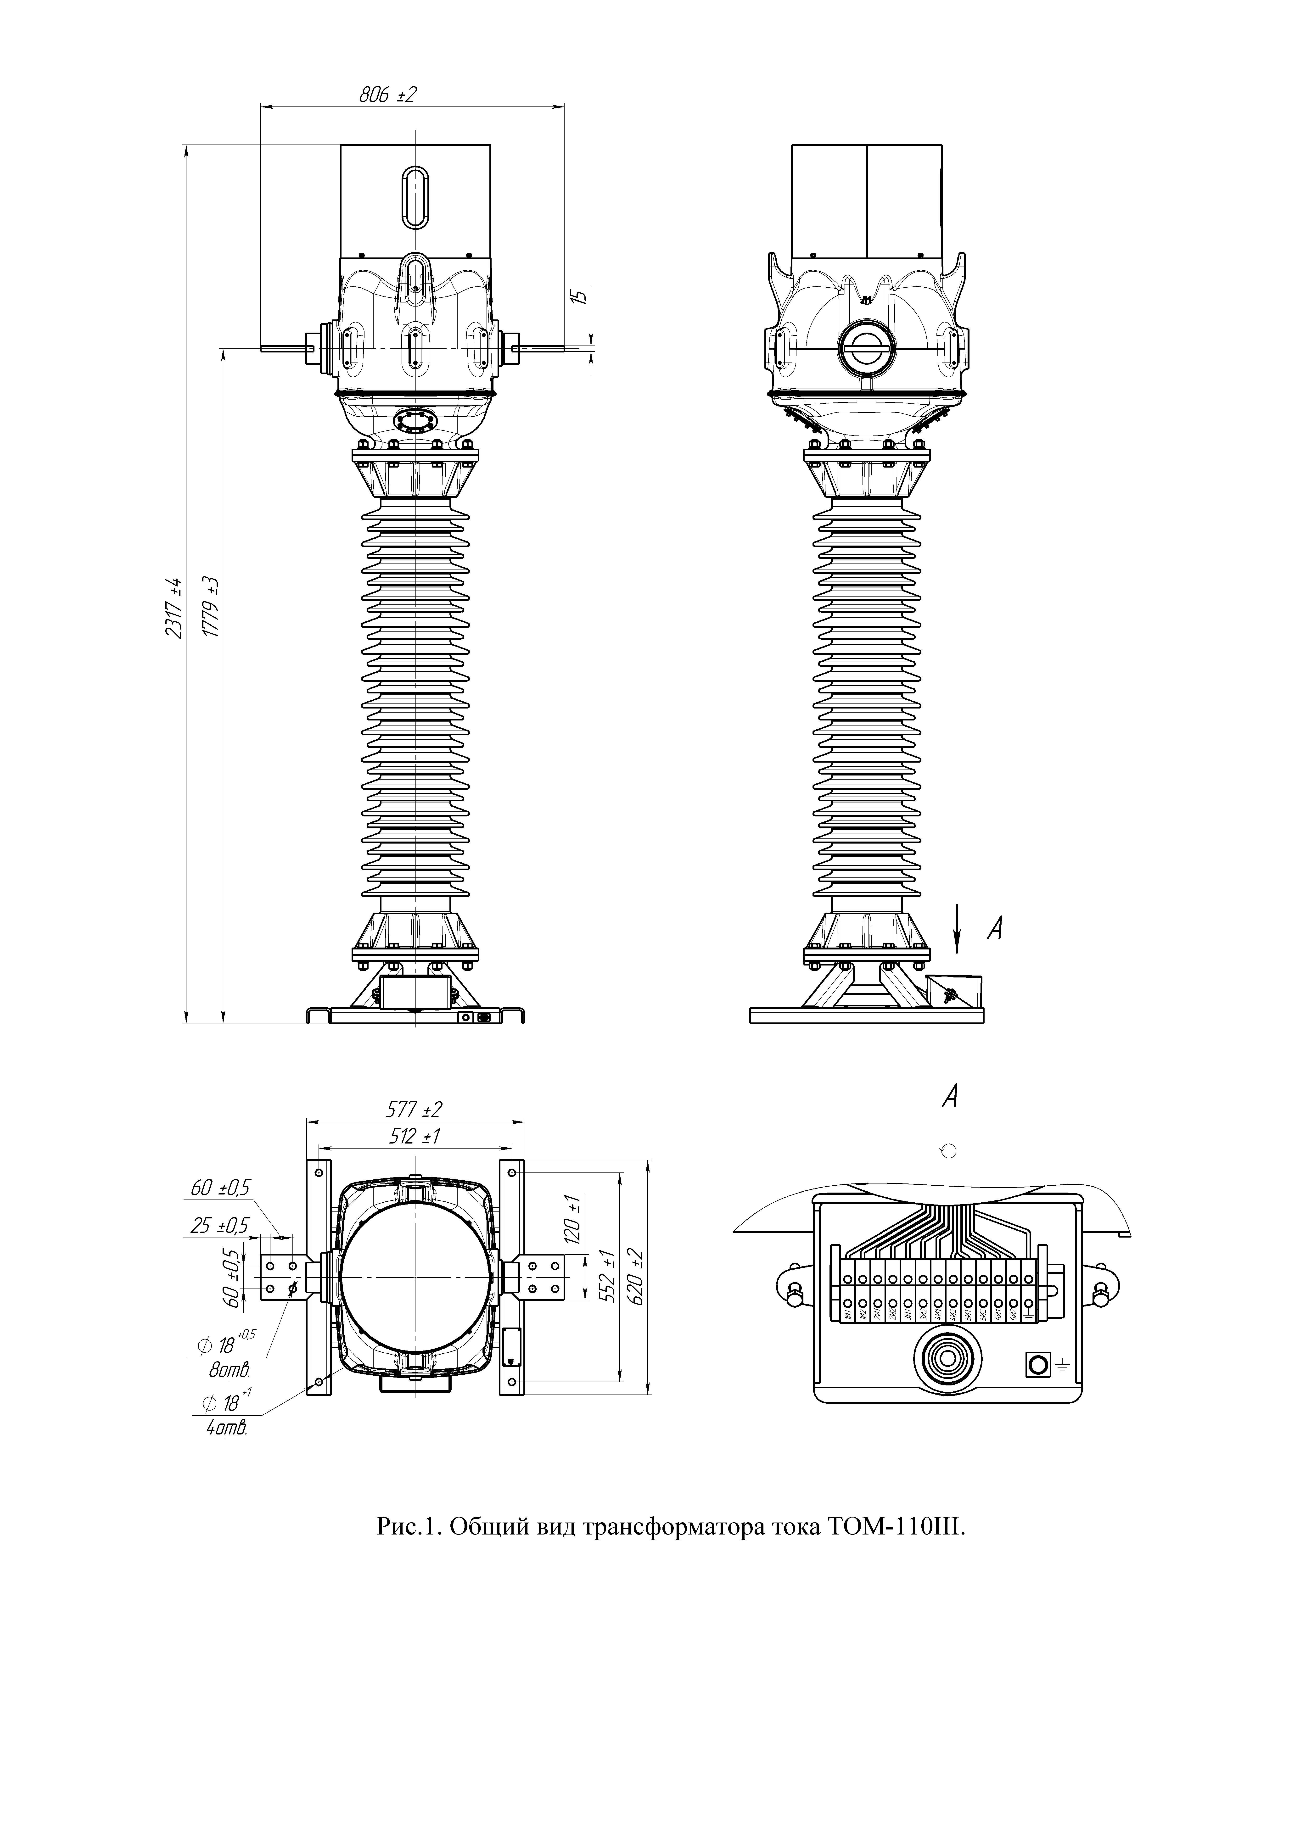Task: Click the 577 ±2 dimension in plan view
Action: [x=414, y=1110]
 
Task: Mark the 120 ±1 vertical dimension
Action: [x=574, y=1220]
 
